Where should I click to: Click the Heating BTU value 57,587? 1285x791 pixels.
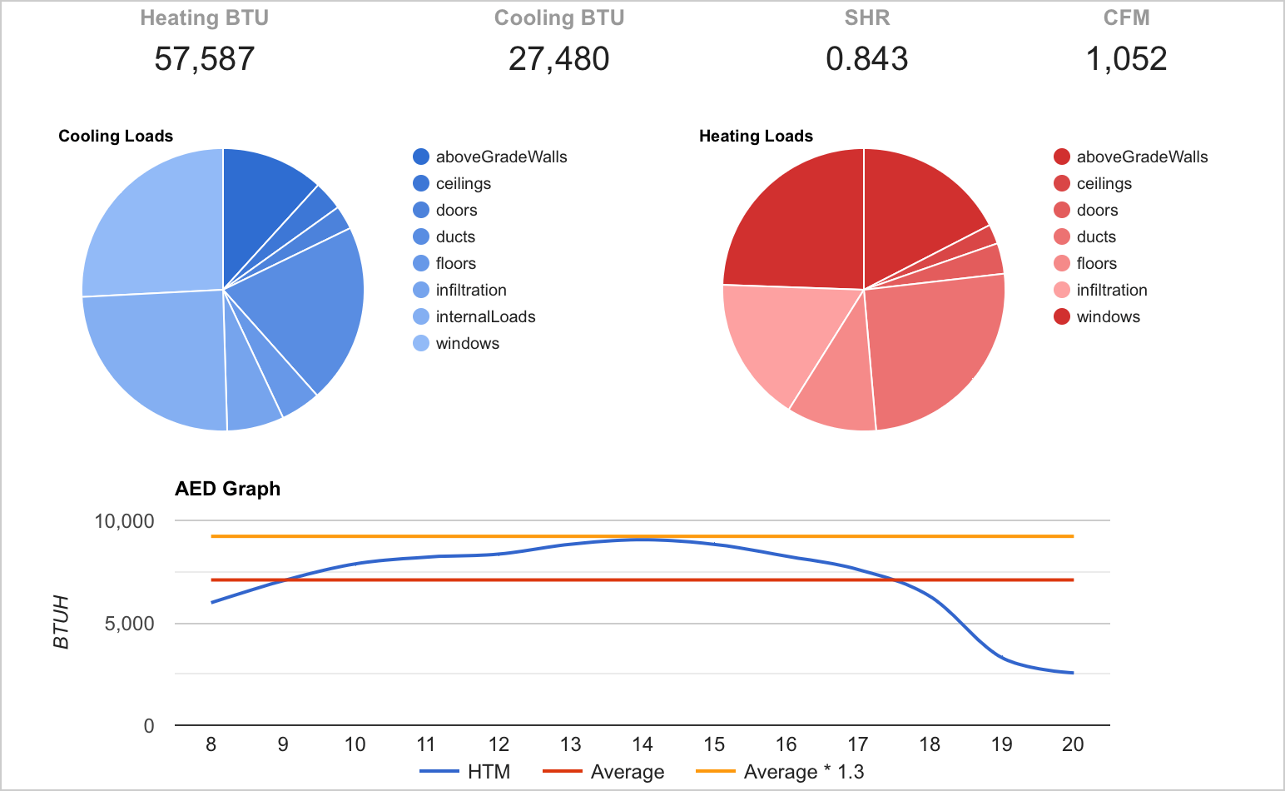click(x=205, y=59)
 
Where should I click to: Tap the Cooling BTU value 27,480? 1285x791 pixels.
click(x=559, y=59)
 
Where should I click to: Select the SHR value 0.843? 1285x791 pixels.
click(x=867, y=59)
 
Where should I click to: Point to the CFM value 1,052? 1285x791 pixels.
click(x=1127, y=59)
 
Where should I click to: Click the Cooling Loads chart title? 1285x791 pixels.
click(x=116, y=137)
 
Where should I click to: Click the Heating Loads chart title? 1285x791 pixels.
click(x=756, y=137)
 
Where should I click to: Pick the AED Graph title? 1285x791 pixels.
click(x=227, y=489)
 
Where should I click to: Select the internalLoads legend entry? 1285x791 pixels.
click(x=485, y=316)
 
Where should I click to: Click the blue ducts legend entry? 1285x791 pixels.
click(x=455, y=236)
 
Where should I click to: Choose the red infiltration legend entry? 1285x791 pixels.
click(x=1111, y=290)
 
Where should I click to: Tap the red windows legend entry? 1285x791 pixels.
click(x=1108, y=316)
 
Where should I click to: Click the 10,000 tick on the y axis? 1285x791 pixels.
click(x=124, y=521)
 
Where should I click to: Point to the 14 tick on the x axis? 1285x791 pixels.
click(x=642, y=744)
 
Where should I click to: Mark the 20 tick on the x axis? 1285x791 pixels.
click(x=1073, y=744)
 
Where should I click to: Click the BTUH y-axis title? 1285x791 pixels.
click(x=61, y=622)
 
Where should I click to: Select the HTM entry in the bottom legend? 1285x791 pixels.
click(x=489, y=772)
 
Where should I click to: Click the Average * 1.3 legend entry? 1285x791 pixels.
click(x=803, y=772)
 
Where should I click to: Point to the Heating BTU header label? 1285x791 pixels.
click(x=205, y=18)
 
